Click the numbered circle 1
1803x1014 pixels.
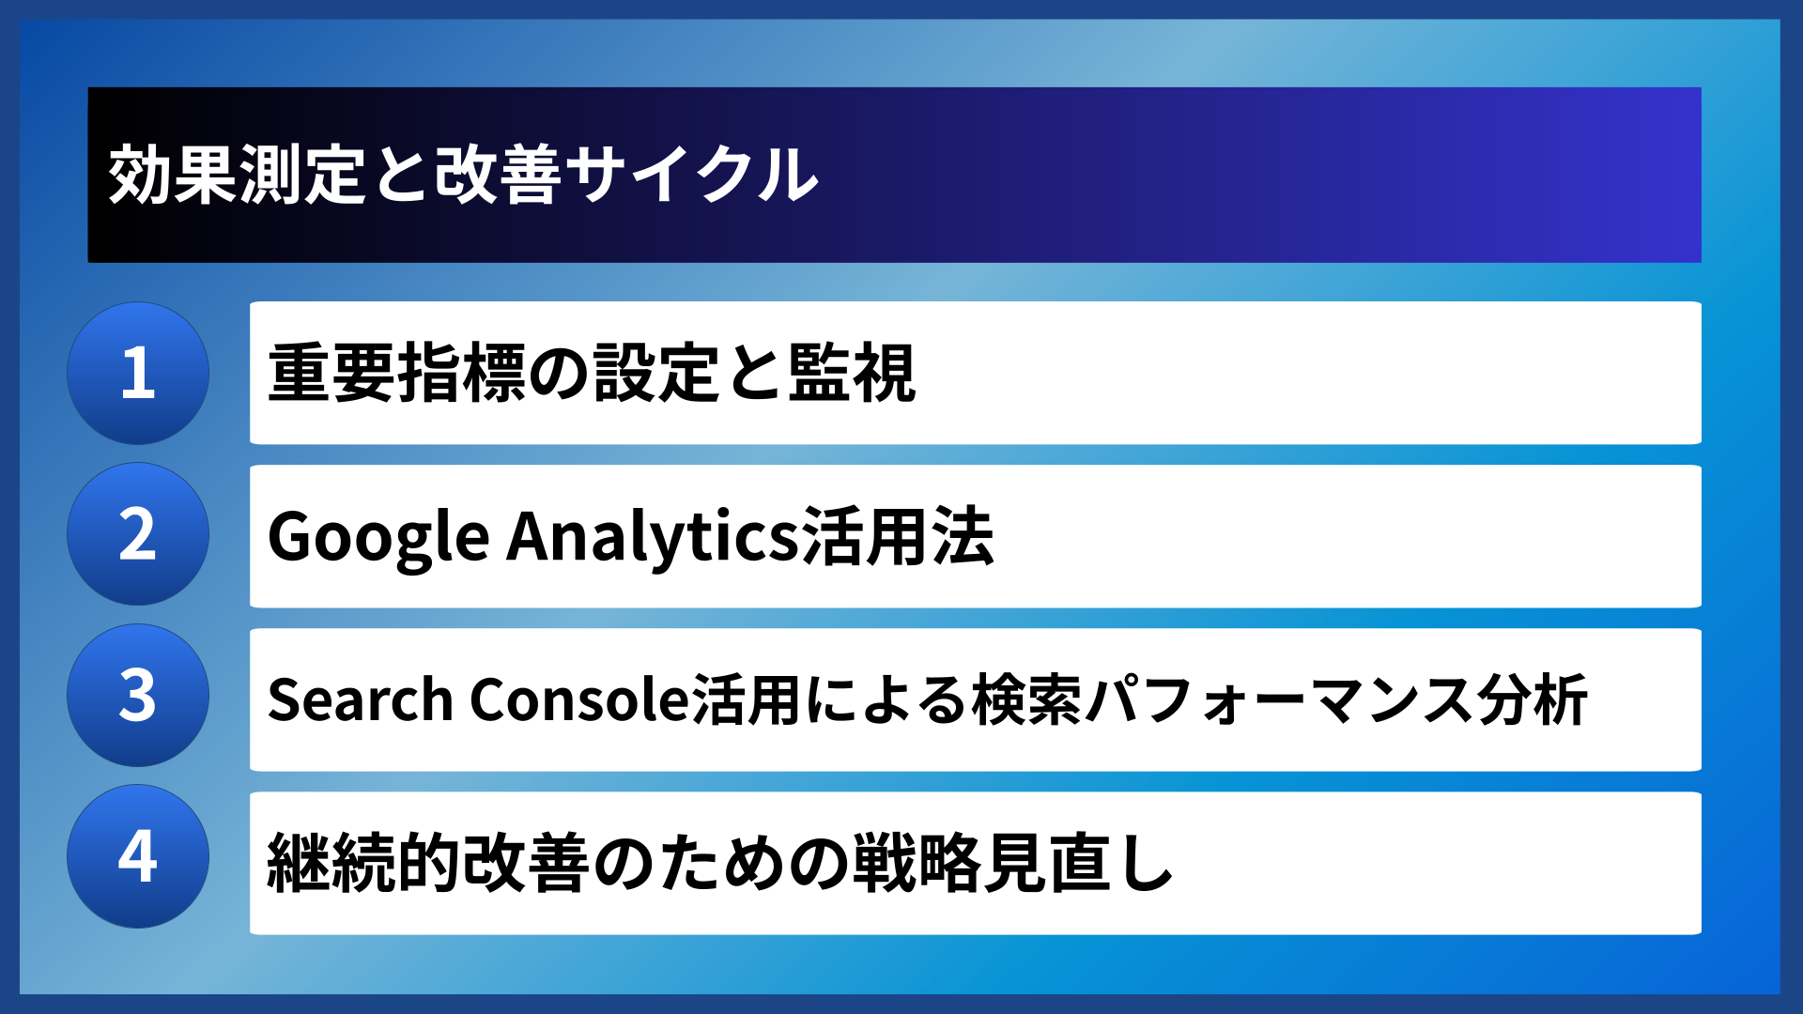[x=138, y=373]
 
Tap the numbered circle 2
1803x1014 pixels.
[x=138, y=534]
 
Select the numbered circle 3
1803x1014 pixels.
[x=138, y=696]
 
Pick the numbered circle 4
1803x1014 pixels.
[x=138, y=856]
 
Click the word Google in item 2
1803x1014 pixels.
[x=378, y=537]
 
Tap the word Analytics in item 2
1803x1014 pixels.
[x=653, y=537]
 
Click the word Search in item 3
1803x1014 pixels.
[x=361, y=700]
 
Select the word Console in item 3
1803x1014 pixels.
[x=579, y=700]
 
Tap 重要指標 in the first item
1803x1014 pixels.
[x=397, y=374]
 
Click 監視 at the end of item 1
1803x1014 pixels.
[x=851, y=374]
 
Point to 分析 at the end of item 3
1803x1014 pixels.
[x=1532, y=700]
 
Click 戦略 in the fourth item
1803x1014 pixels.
[x=917, y=863]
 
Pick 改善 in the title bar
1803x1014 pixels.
[x=499, y=175]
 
